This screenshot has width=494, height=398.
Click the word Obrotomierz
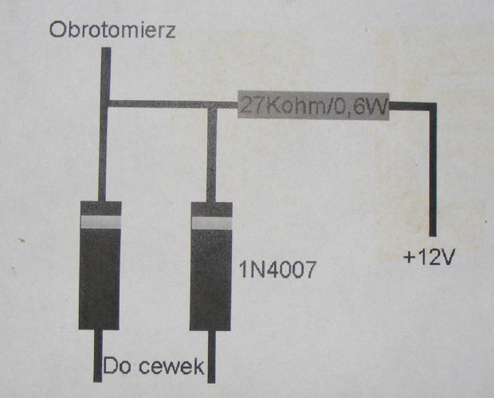(112, 29)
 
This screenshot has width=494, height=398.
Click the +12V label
(429, 258)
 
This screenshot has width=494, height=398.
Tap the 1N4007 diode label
(277, 270)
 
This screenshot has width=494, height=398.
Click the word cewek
(171, 367)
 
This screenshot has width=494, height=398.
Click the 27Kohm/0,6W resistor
(313, 106)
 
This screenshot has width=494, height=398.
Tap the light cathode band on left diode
(101, 222)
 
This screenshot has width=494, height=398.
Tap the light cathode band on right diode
(212, 223)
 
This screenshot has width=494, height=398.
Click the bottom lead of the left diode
(98, 356)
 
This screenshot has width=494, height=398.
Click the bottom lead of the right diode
(212, 357)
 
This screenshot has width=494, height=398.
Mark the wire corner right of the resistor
(433, 106)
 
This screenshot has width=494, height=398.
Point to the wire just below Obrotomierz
(106, 74)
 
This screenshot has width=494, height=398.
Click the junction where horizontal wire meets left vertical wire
(105, 103)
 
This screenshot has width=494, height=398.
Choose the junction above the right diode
(213, 105)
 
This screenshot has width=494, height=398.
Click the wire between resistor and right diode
(227, 105)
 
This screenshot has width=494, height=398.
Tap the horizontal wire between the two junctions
(159, 104)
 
